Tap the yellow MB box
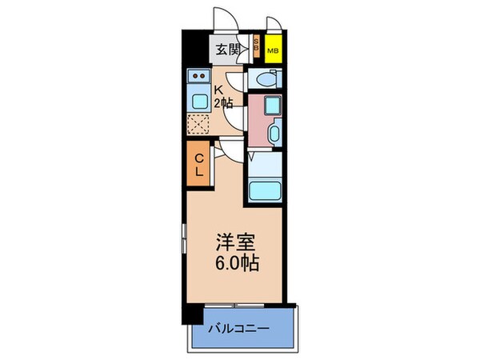click(x=274, y=50)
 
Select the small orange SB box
click(x=256, y=46)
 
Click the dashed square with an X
click(x=198, y=125)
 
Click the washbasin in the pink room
click(x=274, y=134)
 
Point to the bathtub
click(x=266, y=190)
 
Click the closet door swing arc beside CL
click(x=225, y=149)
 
